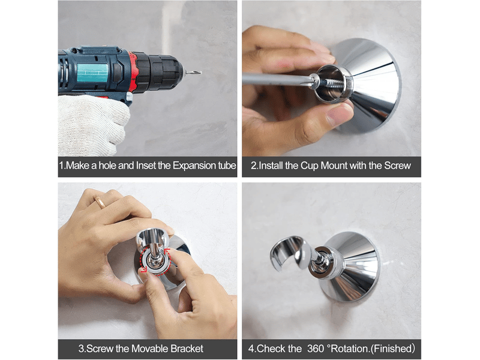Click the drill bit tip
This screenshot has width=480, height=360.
[200, 72]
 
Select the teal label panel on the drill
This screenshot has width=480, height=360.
[92, 73]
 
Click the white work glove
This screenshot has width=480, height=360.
[92, 124]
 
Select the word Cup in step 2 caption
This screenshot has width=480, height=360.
[310, 166]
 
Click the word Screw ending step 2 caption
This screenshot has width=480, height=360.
[397, 166]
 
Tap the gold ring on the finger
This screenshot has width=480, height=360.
[100, 202]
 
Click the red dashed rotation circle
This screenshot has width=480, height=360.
[154, 261]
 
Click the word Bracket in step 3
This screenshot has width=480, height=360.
[187, 349]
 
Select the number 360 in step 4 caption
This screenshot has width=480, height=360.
[316, 349]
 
